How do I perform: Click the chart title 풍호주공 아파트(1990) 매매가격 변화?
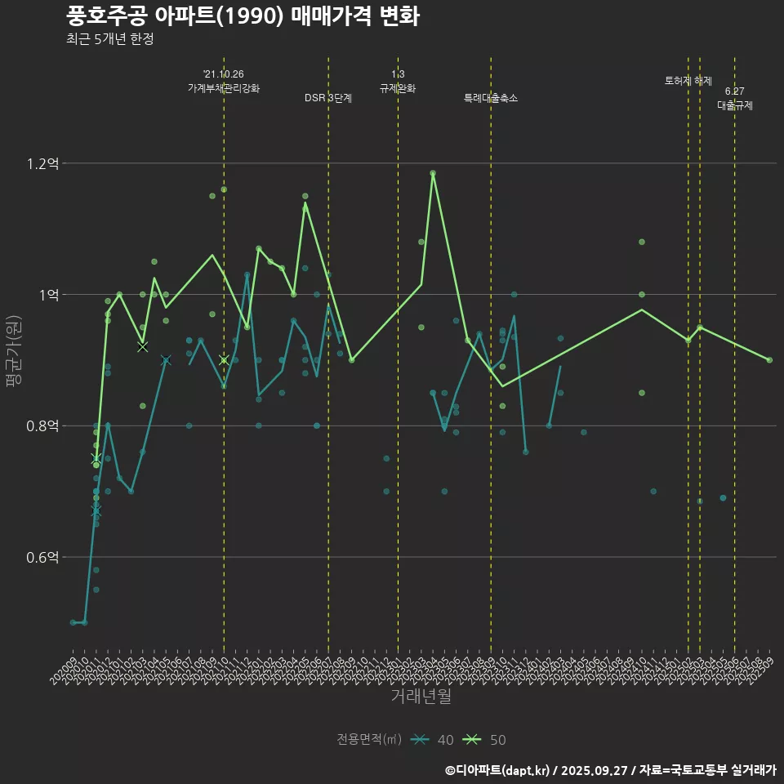pos(243,16)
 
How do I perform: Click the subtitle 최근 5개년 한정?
pos(109,39)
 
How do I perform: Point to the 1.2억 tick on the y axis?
pos(42,163)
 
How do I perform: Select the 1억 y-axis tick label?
pos(47,295)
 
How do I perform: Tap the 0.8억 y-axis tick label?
pos(42,425)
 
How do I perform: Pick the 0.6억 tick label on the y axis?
pos(42,557)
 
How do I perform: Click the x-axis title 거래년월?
pos(421,697)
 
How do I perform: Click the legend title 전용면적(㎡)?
pos(369,740)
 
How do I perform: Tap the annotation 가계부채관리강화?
pos(224,88)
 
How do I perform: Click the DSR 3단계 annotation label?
pos(328,98)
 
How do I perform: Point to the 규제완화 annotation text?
pos(398,88)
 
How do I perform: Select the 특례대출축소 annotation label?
pos(491,98)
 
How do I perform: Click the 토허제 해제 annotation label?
pos(688,81)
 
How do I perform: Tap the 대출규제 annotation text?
pos(735,105)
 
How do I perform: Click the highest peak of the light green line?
pos(433,173)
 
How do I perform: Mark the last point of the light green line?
pos(769,360)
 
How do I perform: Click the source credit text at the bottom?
pos(610,769)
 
